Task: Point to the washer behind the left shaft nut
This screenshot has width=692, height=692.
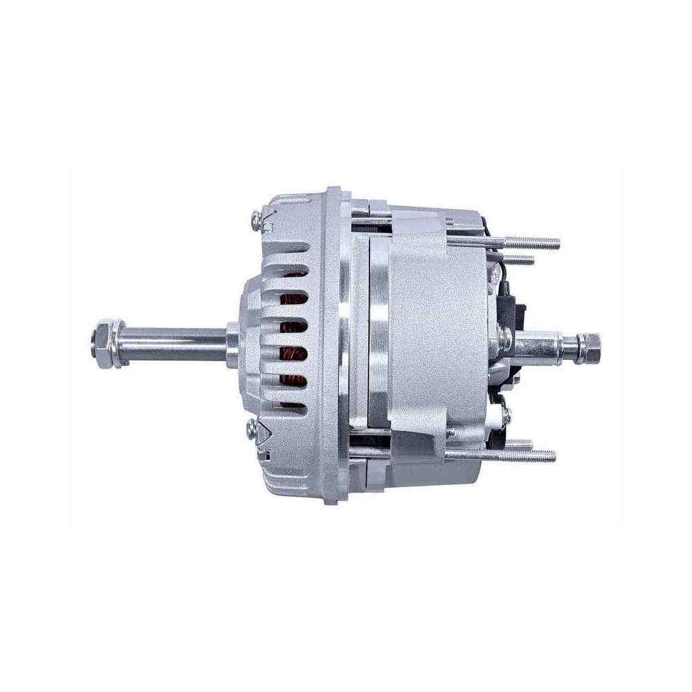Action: point(118,344)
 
